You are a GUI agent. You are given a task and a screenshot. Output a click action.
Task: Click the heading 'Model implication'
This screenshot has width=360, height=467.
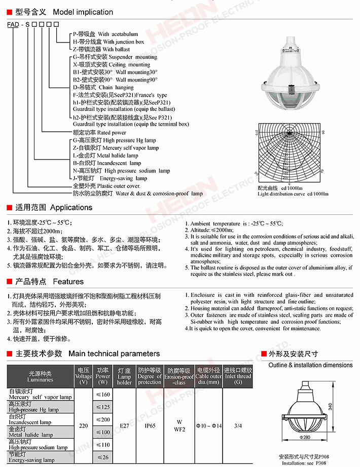(x=83, y=12)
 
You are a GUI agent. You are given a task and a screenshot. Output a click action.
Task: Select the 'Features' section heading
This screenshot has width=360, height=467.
(x=68, y=281)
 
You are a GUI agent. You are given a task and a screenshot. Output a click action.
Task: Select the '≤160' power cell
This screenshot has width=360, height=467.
(x=103, y=395)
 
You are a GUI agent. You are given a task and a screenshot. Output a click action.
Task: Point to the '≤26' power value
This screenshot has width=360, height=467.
(x=103, y=457)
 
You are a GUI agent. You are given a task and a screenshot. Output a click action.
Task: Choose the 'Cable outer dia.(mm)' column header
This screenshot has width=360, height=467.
(x=209, y=376)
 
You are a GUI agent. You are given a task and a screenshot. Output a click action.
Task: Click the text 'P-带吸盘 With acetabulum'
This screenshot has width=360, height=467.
(x=98, y=34)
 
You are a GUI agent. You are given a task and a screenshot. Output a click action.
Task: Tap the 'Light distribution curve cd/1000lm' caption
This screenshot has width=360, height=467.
(x=293, y=193)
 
